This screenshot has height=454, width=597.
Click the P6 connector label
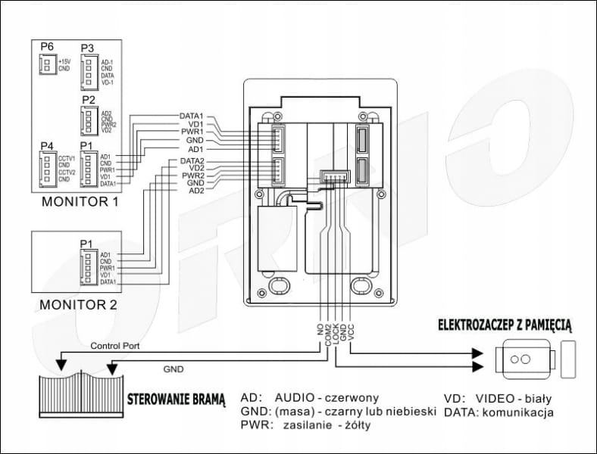point(47,47)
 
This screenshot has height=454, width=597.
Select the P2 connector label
point(88,99)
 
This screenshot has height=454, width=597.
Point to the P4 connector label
point(47,145)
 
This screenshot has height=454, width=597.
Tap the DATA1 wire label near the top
point(192,116)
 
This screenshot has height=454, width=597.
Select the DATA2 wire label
point(192,161)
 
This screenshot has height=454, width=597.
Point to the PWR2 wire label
point(192,176)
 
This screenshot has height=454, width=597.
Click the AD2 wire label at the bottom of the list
point(195,191)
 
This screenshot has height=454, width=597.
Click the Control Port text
point(115,345)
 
